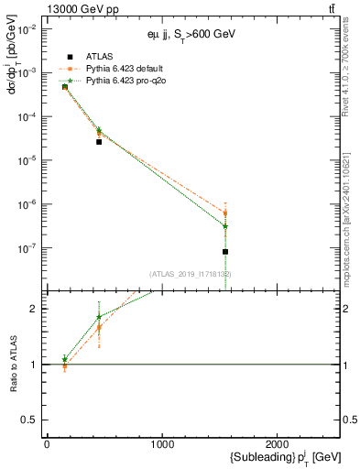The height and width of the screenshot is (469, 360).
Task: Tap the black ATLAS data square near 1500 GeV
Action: tap(225, 251)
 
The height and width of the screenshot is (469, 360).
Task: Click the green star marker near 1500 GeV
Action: tap(225, 226)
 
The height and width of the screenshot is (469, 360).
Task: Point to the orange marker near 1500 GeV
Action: tap(225, 213)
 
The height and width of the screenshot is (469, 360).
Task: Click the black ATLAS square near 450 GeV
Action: tap(99, 142)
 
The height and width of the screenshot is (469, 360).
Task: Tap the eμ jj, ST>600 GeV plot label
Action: tap(193, 34)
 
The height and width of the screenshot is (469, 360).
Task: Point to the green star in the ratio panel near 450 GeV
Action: tap(99, 317)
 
